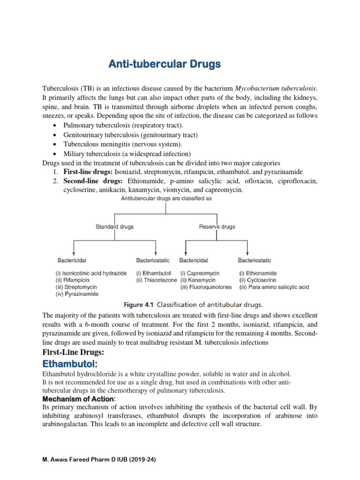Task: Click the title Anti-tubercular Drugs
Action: (x=165, y=64)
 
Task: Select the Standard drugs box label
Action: (x=114, y=226)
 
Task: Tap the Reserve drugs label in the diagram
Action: (x=217, y=226)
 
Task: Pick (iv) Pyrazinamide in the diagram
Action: (x=77, y=294)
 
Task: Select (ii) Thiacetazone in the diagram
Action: (x=157, y=280)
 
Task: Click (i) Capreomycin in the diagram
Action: (x=202, y=273)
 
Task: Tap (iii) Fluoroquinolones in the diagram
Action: (x=206, y=287)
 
